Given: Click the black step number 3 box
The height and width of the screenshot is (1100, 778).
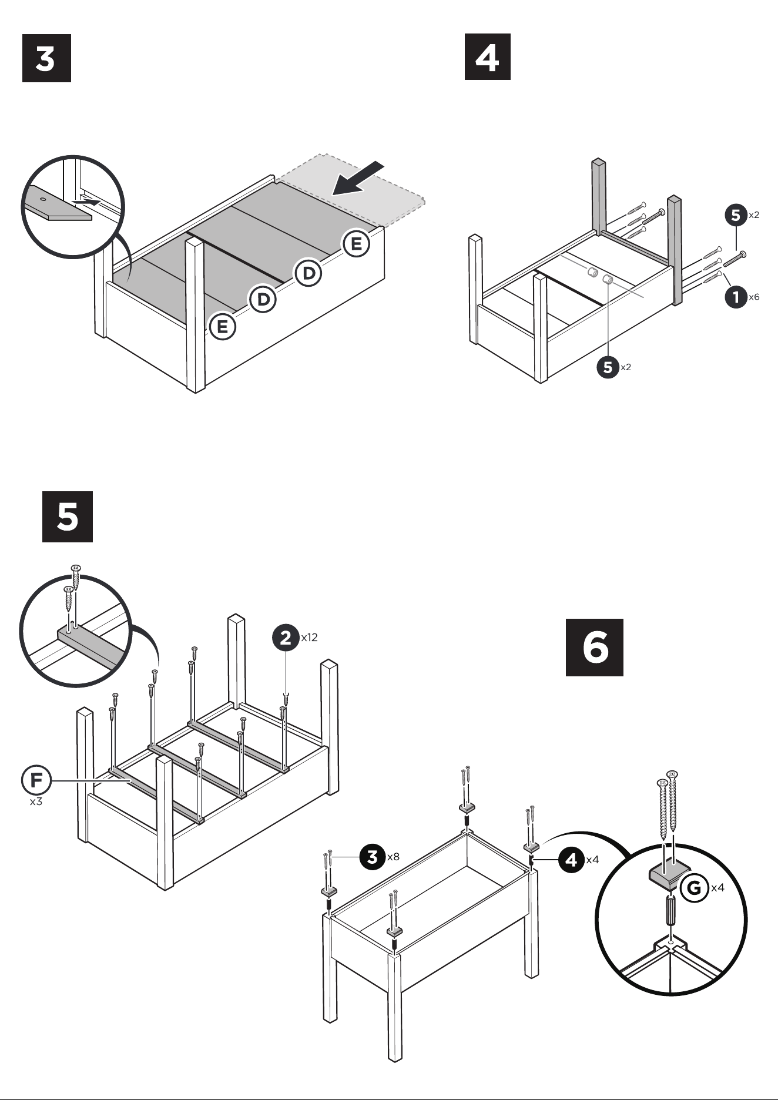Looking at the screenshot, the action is coord(46,58).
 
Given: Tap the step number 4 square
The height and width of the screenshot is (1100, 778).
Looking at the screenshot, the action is coord(488,56).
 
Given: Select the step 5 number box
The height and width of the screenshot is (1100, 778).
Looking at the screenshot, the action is coord(68,517).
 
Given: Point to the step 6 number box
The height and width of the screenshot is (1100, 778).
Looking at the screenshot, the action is coord(594,647).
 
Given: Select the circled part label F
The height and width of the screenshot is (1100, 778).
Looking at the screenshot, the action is coord(36,780).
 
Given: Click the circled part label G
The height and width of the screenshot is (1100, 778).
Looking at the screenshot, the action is coord(695,887).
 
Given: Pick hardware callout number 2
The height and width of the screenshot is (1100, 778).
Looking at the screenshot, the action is coord(286,637).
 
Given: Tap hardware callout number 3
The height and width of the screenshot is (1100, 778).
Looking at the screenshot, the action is coord(373,856).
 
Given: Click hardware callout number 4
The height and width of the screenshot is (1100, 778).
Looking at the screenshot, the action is coord(571,860).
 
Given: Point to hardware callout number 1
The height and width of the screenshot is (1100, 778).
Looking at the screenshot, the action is coord(736,297).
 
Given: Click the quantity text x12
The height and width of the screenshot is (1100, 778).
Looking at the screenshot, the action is coord(309,638).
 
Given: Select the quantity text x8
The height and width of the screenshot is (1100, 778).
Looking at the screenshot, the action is coord(393,857).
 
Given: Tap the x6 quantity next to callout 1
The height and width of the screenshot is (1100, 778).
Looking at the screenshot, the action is coord(754,297).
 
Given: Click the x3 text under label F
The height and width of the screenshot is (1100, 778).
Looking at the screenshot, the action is coord(36,801).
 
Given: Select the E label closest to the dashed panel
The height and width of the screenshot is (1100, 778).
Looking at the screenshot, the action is coord(357,243).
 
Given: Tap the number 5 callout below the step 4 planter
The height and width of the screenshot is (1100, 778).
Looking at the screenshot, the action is coord(608,367).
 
